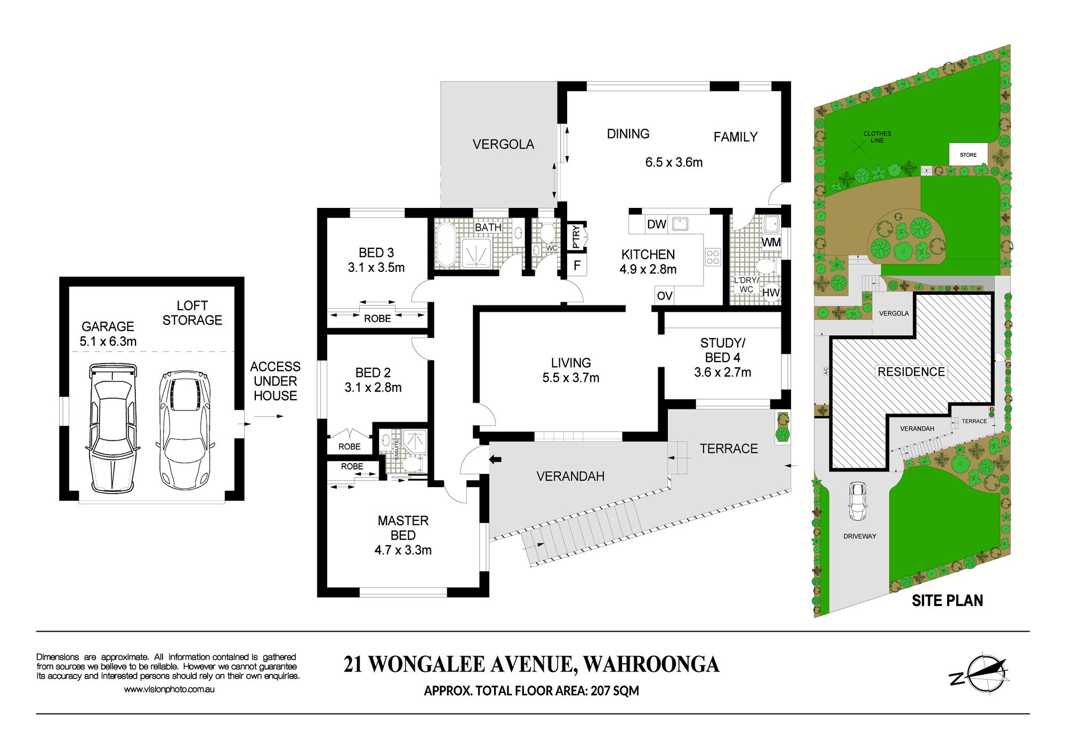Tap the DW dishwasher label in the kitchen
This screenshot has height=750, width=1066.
click(x=656, y=224)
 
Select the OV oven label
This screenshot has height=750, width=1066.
click(x=665, y=296)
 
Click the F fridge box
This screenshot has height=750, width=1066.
click(x=577, y=265)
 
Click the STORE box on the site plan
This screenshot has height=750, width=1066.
click(x=968, y=155)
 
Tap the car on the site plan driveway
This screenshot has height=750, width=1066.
click(x=857, y=502)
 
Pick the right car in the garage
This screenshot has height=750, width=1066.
click(x=185, y=430)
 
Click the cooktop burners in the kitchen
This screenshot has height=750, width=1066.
click(x=713, y=257)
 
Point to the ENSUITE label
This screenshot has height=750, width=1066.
click(x=397, y=450)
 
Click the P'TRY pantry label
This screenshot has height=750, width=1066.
click(x=576, y=237)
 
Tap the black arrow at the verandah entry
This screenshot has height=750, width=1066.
click(x=495, y=459)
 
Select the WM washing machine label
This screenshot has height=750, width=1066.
click(x=771, y=243)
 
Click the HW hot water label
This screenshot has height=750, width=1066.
click(x=771, y=293)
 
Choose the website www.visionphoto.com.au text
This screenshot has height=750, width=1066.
click(x=169, y=689)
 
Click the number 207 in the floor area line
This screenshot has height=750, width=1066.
click(x=600, y=691)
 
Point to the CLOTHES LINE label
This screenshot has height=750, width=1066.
click(x=877, y=137)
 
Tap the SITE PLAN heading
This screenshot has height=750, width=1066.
click(x=947, y=601)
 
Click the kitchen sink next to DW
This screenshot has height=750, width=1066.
click(x=680, y=224)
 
